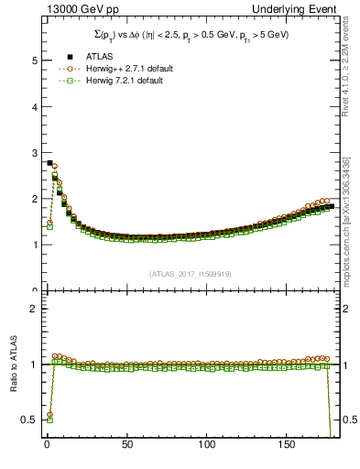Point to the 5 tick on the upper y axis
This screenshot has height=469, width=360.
32,60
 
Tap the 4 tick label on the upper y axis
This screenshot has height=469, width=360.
32,106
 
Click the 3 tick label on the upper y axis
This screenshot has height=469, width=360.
32,153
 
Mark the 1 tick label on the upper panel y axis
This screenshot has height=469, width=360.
32,245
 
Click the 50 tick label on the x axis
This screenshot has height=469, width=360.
127,446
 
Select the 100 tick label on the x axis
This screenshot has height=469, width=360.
209,446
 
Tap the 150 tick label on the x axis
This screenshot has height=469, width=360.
289,446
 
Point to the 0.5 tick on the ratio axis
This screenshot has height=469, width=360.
28,420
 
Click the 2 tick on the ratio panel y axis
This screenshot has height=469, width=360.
32,309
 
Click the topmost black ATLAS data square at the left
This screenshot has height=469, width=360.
49,162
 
